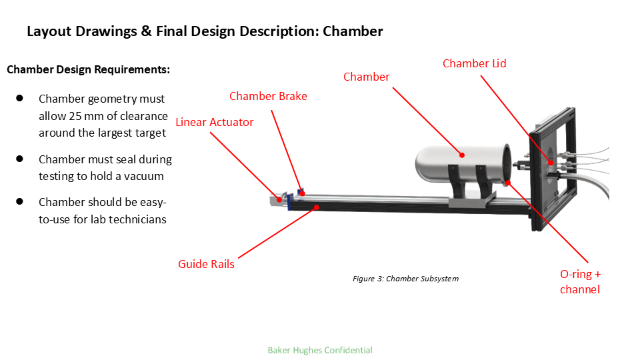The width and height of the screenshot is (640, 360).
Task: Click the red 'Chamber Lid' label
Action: pyautogui.click(x=474, y=63)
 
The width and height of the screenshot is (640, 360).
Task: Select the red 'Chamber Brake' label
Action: pyautogui.click(x=268, y=96)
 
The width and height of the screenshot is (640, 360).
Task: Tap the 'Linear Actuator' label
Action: pyautogui.click(x=215, y=122)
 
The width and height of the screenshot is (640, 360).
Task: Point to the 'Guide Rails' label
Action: pyautogui.click(x=206, y=264)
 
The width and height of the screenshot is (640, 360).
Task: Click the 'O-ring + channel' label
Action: pyautogui.click(x=580, y=281)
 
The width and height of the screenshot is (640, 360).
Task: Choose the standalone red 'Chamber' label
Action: pyautogui.click(x=366, y=77)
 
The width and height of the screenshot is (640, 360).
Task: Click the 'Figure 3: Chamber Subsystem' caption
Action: pyautogui.click(x=405, y=279)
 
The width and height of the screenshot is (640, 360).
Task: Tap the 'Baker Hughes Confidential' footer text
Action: pyautogui.click(x=319, y=350)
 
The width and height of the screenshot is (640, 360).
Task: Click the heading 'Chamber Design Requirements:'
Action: pyautogui.click(x=88, y=69)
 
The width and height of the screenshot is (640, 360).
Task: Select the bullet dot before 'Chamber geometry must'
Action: pyautogui.click(x=20, y=98)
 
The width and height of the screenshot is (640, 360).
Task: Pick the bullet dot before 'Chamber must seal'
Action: pyautogui.click(x=20, y=159)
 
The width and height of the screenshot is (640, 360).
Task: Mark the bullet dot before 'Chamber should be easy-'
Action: pyautogui.click(x=20, y=201)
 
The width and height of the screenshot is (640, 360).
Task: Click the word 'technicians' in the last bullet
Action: pyautogui.click(x=137, y=219)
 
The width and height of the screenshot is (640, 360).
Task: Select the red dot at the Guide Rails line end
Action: pyautogui.click(x=317, y=207)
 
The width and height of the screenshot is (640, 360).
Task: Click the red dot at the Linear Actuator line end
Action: pyautogui.click(x=279, y=200)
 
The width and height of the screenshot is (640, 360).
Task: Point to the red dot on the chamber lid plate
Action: pyautogui.click(x=551, y=163)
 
